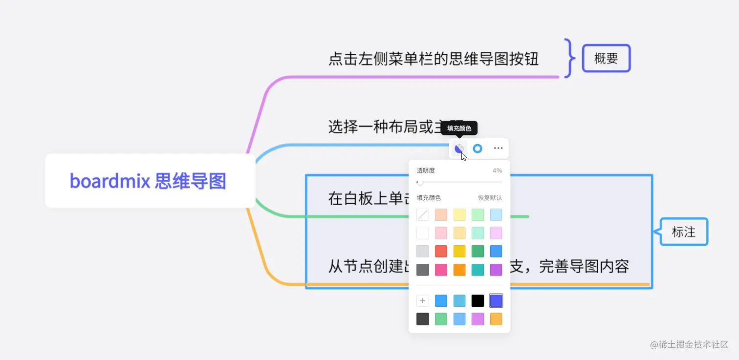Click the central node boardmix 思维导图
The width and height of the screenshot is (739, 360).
(148, 181)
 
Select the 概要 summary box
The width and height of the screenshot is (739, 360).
(606, 59)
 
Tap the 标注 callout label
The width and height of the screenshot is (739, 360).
(683, 232)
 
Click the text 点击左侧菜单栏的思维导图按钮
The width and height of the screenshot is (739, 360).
(433, 59)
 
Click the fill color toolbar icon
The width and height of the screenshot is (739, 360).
(459, 148)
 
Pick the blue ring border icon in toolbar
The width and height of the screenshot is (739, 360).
(478, 148)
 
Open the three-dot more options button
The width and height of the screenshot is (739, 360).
(498, 148)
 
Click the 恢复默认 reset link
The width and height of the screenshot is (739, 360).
(490, 198)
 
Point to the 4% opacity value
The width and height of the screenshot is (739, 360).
(497, 170)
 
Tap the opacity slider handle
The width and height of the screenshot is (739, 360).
(420, 182)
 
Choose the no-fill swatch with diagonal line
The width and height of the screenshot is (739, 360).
(423, 214)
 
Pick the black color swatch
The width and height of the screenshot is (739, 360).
(478, 300)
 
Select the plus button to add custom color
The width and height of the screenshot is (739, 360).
(423, 300)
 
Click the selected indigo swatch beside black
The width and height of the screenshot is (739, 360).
(496, 300)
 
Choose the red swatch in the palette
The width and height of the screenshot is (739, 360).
(441, 251)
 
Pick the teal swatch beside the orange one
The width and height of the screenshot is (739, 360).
(478, 270)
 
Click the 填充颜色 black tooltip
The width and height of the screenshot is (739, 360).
(459, 128)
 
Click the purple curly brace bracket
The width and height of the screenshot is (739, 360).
(568, 58)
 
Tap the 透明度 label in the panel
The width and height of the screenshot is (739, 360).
(426, 170)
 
